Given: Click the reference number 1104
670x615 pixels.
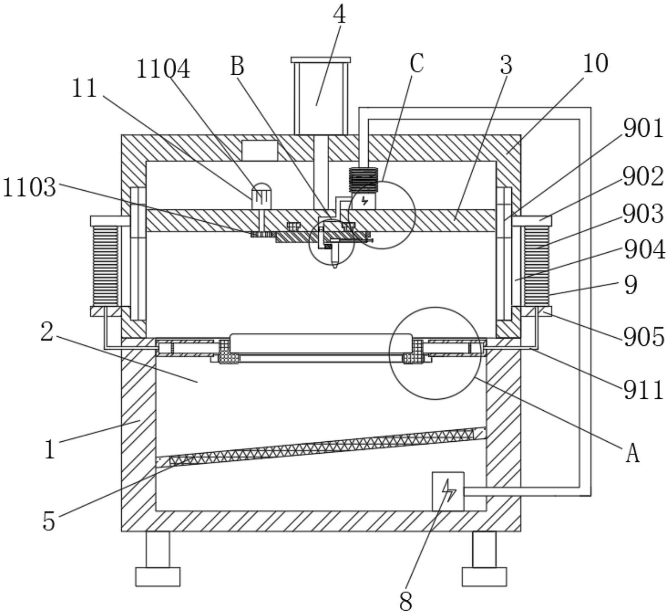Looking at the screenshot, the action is pos(163,69).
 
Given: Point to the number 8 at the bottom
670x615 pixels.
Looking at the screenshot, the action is pos(406,601).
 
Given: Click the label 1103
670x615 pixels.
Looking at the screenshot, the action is pos(29,187).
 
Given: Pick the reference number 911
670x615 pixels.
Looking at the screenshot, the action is pos(643,390).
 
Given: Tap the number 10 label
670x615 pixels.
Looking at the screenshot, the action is pos(595,63).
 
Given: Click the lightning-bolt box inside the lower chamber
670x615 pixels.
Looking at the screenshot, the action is pos(448,491).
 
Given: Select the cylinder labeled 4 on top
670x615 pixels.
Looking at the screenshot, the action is pos(321,96).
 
